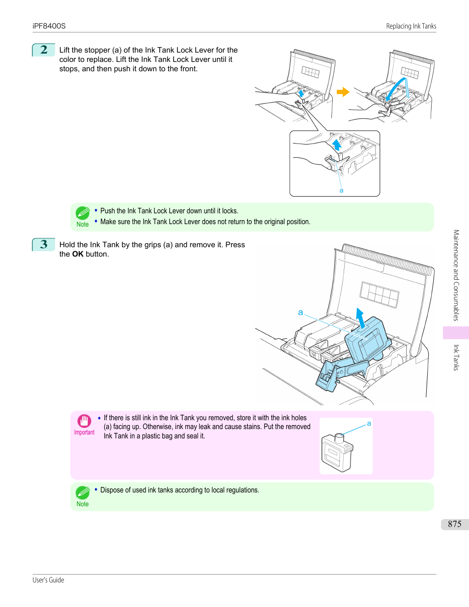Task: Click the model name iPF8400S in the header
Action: click(x=49, y=26)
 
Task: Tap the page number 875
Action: click(x=454, y=524)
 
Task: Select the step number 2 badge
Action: click(x=44, y=50)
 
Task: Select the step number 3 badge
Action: click(x=44, y=244)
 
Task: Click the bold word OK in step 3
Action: click(x=78, y=254)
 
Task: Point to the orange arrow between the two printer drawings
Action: click(x=343, y=92)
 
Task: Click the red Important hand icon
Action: click(x=84, y=421)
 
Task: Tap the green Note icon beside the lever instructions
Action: click(x=83, y=213)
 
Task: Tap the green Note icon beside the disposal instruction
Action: click(x=83, y=492)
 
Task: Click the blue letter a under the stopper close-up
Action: click(x=341, y=190)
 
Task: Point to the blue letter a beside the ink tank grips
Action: click(x=300, y=312)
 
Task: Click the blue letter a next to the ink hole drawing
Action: click(x=369, y=423)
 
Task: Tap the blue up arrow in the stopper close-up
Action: click(x=337, y=145)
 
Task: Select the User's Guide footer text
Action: click(x=48, y=580)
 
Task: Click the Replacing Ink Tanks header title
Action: click(x=411, y=26)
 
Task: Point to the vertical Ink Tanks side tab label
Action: click(x=456, y=357)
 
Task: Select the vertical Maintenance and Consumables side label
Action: click(x=456, y=275)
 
